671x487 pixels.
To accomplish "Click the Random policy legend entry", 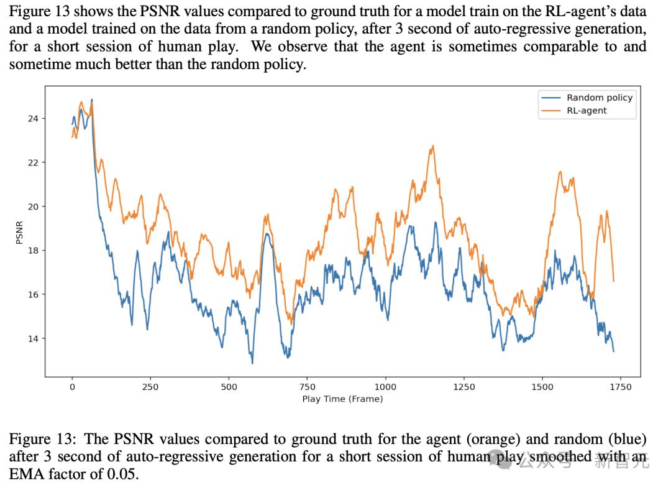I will click(x=599, y=98).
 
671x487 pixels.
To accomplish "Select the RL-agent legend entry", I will click(x=587, y=111).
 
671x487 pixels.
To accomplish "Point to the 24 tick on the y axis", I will click(x=32, y=119).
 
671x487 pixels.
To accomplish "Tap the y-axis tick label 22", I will click(x=32, y=163).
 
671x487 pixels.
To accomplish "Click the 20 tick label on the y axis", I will click(x=32, y=206).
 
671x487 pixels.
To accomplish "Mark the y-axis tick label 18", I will click(x=32, y=251).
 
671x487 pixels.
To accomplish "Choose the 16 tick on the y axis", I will click(x=32, y=295).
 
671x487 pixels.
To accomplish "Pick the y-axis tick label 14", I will click(x=32, y=339).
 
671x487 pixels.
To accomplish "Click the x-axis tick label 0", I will click(x=72, y=387).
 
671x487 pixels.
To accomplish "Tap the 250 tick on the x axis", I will click(x=150, y=387).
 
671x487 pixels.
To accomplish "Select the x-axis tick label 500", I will click(x=229, y=387).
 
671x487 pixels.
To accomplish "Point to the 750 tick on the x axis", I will click(x=307, y=387).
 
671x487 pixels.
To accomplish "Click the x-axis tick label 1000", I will click(x=385, y=387).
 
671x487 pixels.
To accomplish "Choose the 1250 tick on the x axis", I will click(x=464, y=387).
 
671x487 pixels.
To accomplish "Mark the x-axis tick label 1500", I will click(x=542, y=387).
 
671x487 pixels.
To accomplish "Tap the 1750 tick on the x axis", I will click(x=621, y=387).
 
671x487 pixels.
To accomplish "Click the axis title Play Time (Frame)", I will click(x=342, y=399).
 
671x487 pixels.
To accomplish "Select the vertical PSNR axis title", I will click(x=19, y=233).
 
